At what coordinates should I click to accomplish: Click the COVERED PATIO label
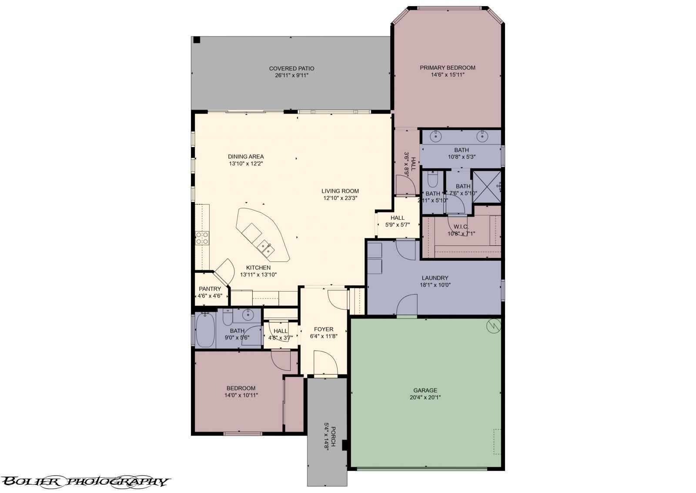click(291, 68)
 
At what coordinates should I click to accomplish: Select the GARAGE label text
click(425, 390)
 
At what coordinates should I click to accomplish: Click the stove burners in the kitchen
click(202, 238)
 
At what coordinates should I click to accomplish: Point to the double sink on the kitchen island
click(265, 248)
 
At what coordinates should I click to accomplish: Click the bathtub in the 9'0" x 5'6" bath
click(204, 329)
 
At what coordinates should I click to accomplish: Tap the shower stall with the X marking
click(486, 187)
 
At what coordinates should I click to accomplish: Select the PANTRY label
click(210, 289)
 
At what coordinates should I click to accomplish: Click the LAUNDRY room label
click(435, 278)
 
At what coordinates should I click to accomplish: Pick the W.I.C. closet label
click(461, 226)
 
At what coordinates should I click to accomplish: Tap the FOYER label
click(324, 329)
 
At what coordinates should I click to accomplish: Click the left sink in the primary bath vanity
click(436, 136)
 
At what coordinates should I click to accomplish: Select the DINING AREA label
click(246, 157)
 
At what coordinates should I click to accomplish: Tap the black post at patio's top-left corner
click(197, 40)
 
